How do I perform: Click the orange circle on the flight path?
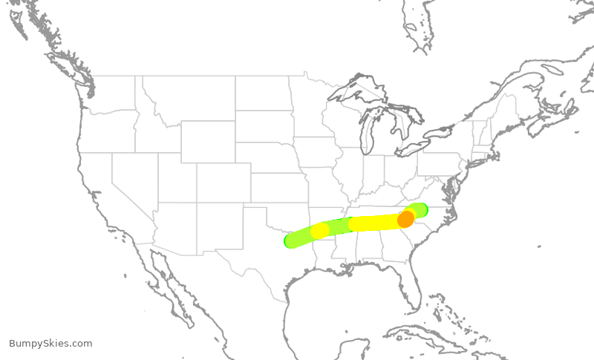[405, 219]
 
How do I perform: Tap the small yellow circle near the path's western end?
[320, 230]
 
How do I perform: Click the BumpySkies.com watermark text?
[50, 343]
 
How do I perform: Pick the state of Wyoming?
[207, 141]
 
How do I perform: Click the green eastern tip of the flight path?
[422, 209]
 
